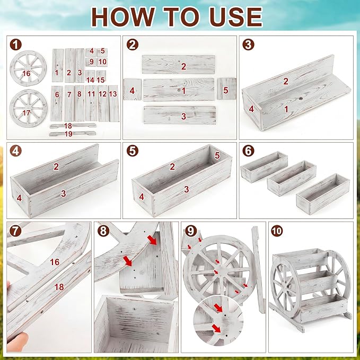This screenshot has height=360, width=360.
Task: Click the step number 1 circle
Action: [x=15, y=45]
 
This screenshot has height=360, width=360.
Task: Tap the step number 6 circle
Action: [x=248, y=151]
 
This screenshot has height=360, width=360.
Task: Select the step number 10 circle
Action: [x=277, y=231]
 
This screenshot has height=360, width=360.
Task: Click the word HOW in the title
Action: [x=123, y=17]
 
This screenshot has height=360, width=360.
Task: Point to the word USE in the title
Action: [x=236, y=17]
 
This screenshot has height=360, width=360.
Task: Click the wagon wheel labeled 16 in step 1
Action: [x=28, y=68]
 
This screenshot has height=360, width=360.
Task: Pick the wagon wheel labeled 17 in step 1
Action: [x=29, y=108]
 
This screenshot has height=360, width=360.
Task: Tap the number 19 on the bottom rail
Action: [x=68, y=134]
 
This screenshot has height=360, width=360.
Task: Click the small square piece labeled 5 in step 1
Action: [x=102, y=52]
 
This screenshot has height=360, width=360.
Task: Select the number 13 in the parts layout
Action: [x=113, y=94]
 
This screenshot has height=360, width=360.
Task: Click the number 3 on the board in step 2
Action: [x=183, y=116]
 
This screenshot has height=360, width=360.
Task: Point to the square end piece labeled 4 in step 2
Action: [x=132, y=89]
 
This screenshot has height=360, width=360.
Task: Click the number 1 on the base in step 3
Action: [x=286, y=109]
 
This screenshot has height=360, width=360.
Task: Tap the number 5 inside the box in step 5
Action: [x=217, y=156]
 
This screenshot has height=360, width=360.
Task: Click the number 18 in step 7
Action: [x=59, y=287]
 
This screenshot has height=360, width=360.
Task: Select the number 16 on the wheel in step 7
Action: [x=55, y=262]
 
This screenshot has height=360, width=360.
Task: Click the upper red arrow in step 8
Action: [x=152, y=240]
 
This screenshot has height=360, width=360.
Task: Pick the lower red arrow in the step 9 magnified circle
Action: [x=216, y=328]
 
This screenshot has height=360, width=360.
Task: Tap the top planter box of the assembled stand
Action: [x=301, y=258]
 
